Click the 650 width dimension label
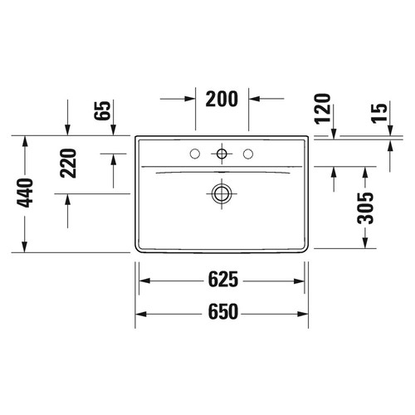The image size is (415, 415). (x=222, y=312)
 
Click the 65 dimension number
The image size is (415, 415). (x=103, y=110)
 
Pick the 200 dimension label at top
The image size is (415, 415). (x=222, y=99)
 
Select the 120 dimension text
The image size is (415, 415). (x=324, y=109)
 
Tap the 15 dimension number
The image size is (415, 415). (x=379, y=115)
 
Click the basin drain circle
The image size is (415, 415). (x=222, y=193)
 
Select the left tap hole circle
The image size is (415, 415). (x=196, y=154)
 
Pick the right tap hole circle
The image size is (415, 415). (x=247, y=154)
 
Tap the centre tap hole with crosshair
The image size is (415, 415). (x=222, y=154)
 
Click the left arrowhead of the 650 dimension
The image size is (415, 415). (x=139, y=314)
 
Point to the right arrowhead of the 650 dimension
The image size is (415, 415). (x=305, y=314)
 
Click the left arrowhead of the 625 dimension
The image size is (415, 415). (x=142, y=281)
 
